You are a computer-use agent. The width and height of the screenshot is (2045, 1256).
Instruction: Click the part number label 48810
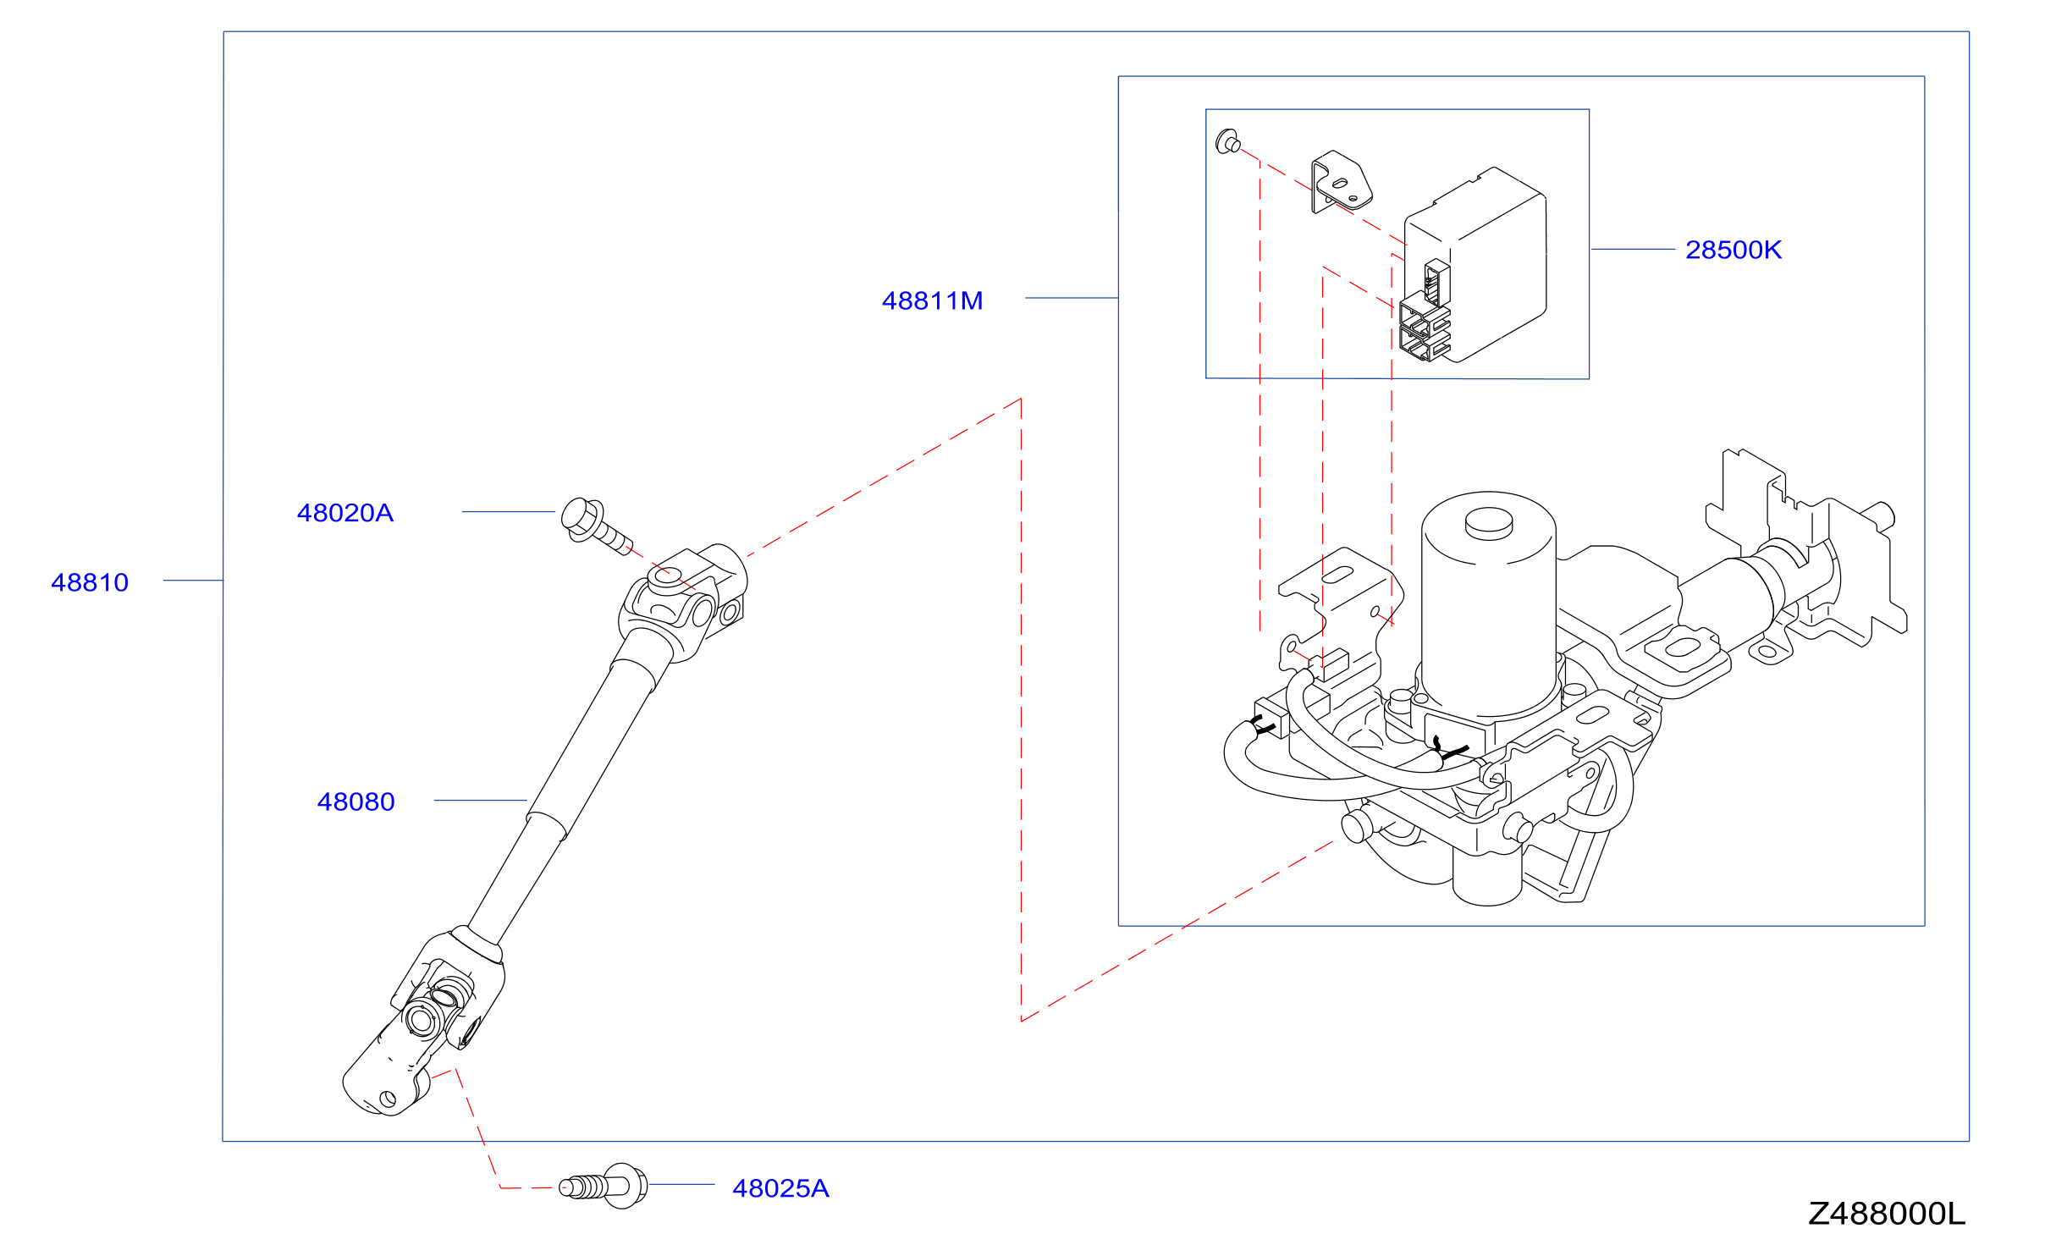pyautogui.click(x=90, y=582)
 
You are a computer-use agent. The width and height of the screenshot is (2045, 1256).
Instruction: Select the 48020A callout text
pyautogui.click(x=345, y=513)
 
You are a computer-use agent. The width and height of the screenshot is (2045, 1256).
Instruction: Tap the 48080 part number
pyautogui.click(x=356, y=802)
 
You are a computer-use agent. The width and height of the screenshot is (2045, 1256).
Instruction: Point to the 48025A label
pyautogui.click(x=780, y=1188)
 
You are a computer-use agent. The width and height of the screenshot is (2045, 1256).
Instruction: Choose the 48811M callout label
pyautogui.click(x=932, y=300)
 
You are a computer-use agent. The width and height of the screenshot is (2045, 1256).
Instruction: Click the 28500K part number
pyautogui.click(x=1734, y=250)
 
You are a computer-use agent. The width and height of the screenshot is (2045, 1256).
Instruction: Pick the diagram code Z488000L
pyautogui.click(x=1887, y=1214)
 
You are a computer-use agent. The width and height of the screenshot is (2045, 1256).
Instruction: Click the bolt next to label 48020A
pyautogui.click(x=594, y=525)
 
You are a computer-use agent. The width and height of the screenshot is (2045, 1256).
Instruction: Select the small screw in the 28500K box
pyautogui.click(x=1228, y=141)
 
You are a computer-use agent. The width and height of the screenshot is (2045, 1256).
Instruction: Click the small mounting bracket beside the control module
pyautogui.click(x=1341, y=181)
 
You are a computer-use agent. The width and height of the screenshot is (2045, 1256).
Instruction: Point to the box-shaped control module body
pyautogui.click(x=1475, y=264)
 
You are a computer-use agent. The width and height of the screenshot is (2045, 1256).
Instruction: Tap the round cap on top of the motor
pyautogui.click(x=1489, y=523)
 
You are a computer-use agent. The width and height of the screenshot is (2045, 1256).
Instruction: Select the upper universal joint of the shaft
pyautogui.click(x=683, y=602)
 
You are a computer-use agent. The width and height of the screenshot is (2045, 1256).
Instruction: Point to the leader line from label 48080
pyautogui.click(x=481, y=800)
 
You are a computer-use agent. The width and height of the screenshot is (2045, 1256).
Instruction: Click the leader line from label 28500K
pyautogui.click(x=1633, y=249)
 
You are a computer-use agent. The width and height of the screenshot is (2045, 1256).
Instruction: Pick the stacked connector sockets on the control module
pyautogui.click(x=1425, y=327)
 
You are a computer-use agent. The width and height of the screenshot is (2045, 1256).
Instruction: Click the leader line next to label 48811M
pyautogui.click(x=1072, y=298)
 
